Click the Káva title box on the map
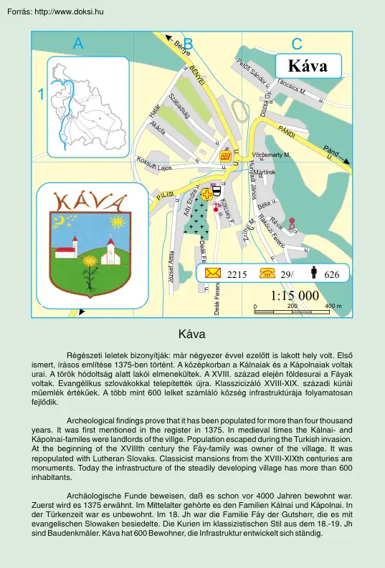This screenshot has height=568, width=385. click(307, 66)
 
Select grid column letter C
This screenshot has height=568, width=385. click(297, 44)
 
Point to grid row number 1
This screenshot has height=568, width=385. click(42, 94)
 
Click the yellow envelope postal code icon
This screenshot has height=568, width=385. click(252, 272)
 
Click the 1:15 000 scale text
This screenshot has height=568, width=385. click(295, 295)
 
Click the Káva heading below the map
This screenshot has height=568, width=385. click(192, 334)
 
